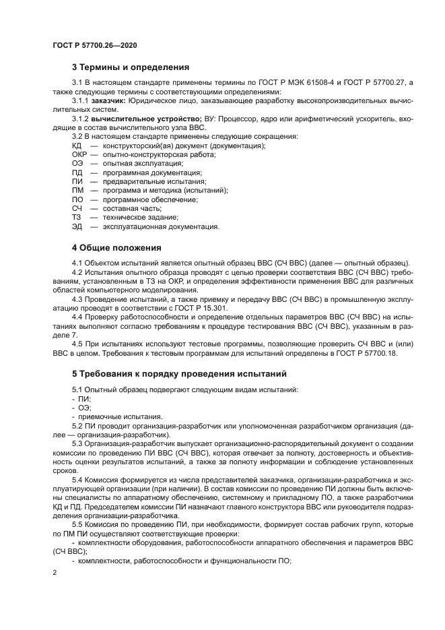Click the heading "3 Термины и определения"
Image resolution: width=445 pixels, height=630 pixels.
(130, 67)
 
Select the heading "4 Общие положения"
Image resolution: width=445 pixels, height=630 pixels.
(116, 247)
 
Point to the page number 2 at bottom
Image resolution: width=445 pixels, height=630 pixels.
(55, 572)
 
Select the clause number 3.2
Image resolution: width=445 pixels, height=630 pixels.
(79, 137)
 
